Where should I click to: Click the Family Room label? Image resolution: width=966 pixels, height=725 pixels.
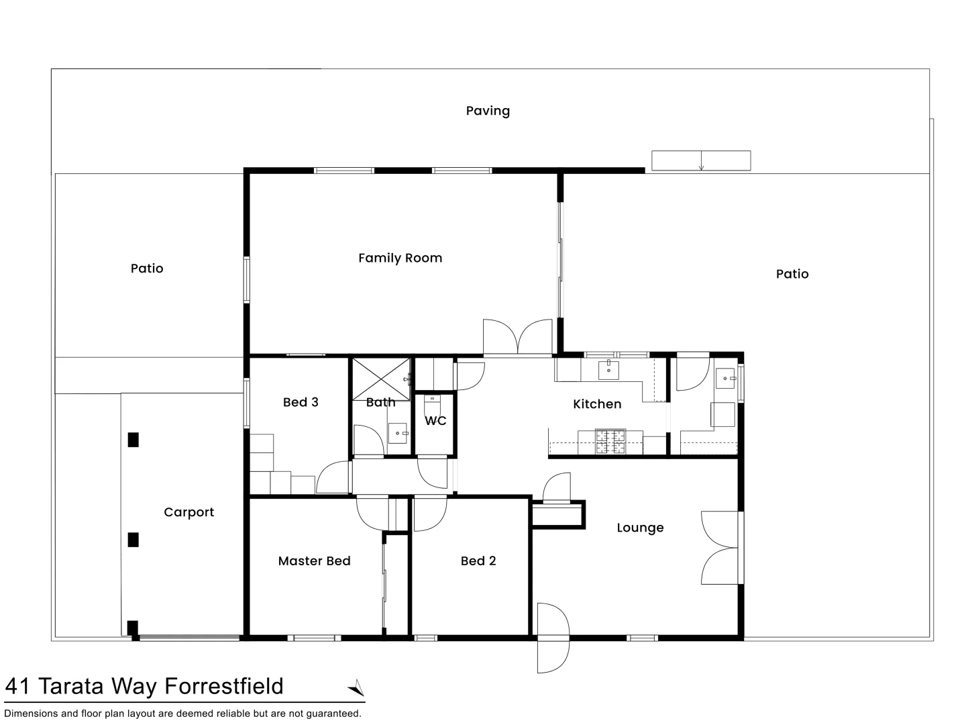400,258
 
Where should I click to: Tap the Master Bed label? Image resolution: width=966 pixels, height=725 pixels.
314,561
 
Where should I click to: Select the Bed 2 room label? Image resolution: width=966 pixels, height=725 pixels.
478,561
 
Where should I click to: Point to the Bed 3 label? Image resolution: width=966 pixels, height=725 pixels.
301,402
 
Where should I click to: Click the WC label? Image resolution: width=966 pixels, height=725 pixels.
435,421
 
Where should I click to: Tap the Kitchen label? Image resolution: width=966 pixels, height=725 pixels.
597,404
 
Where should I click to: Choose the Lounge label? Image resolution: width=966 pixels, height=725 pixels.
640,528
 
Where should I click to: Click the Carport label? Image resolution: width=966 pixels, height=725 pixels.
189,512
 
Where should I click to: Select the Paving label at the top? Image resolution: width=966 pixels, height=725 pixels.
488,111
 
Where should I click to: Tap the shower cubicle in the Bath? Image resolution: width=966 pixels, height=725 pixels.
381,379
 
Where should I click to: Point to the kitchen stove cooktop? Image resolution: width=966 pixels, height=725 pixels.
610,442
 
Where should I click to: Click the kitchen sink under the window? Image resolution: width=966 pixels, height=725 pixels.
608,370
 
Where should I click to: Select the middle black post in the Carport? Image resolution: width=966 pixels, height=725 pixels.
133,539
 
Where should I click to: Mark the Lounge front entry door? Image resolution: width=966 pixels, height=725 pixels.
553,637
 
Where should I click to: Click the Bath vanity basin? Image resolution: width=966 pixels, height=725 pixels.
398,433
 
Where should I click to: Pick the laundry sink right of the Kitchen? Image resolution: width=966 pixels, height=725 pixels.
725,379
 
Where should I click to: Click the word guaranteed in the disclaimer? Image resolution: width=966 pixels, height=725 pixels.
333,714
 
